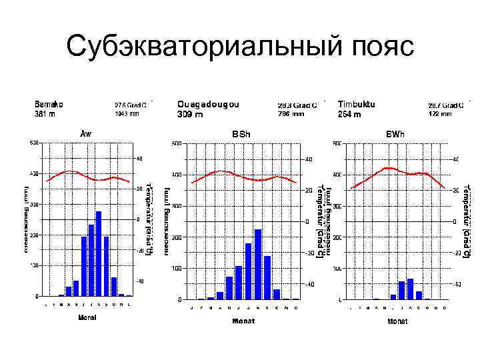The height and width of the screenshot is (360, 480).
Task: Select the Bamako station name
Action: [49, 104]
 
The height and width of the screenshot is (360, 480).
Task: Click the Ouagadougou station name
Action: [208, 104]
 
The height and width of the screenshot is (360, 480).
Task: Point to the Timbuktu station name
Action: [357, 104]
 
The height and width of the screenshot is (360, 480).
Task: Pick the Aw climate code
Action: [86, 133]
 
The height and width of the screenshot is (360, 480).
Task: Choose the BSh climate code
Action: [241, 135]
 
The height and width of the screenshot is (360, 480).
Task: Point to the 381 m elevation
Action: [45, 114]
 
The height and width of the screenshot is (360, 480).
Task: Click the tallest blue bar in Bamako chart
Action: [99, 253]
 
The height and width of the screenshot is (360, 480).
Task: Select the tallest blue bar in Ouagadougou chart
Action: [258, 264]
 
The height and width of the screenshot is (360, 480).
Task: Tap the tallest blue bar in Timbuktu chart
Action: [410, 289]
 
